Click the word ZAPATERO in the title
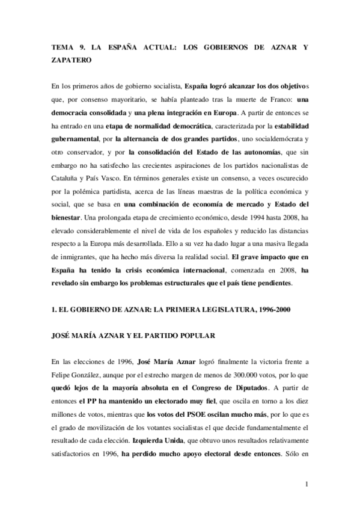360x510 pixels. point(70,61)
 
